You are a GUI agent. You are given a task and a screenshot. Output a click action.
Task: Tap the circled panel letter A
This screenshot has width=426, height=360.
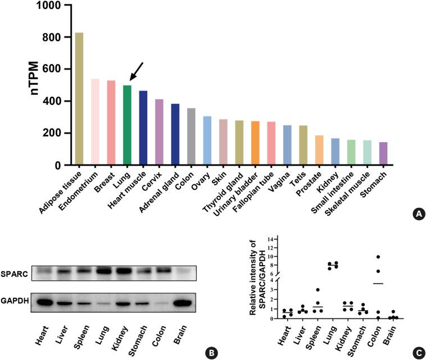tap(418, 213)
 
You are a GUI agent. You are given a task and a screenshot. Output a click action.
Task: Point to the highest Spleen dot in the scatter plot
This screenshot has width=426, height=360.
tap(318, 290)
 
